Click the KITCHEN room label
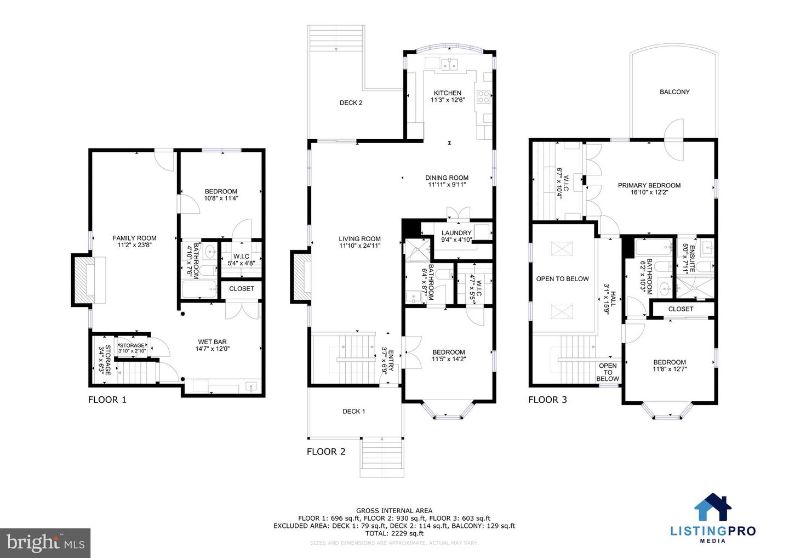[x=447, y=93]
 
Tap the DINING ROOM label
[x=447, y=178]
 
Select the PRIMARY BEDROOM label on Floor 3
[x=649, y=186]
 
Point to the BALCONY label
[x=674, y=92]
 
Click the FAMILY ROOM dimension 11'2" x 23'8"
[x=134, y=245]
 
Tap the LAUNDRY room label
[x=456, y=233]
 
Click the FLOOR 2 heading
[x=326, y=452]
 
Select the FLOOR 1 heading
[x=107, y=400]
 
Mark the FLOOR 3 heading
[x=547, y=400]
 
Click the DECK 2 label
[x=351, y=103]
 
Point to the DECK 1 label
[x=353, y=412]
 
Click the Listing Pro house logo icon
[x=713, y=507]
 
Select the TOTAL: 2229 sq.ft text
[x=394, y=533]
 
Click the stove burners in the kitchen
[x=484, y=97]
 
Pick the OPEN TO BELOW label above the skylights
[x=562, y=279]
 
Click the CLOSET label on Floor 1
[x=241, y=289]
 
